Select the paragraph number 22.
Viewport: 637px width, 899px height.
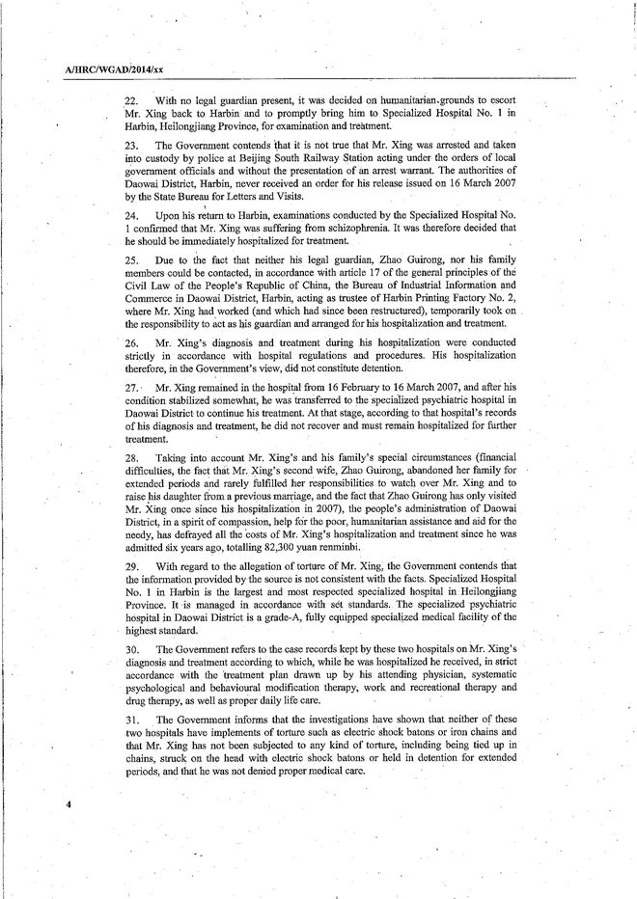[x=132, y=102]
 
